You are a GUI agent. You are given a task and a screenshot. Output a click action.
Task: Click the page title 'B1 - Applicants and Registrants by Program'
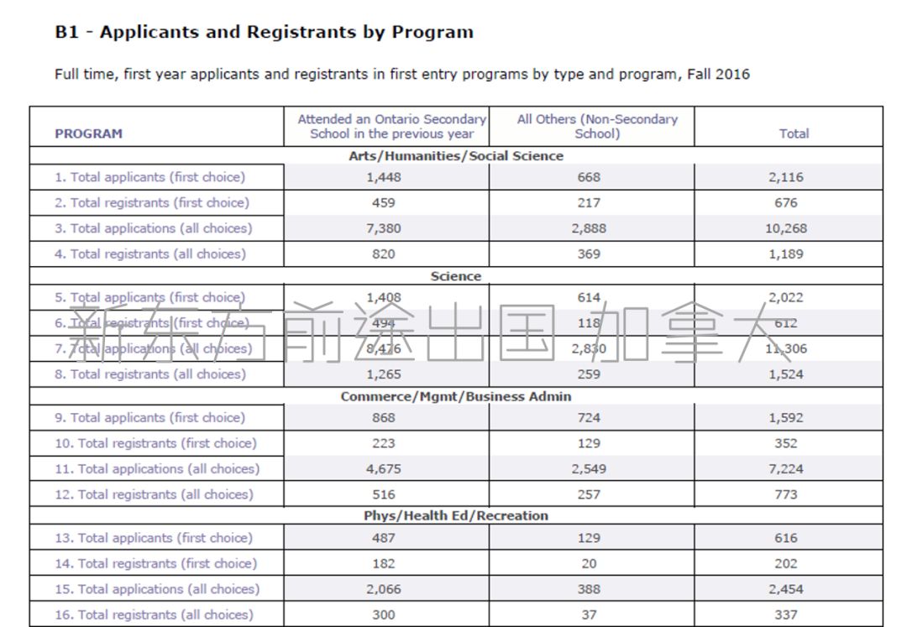[x=264, y=33]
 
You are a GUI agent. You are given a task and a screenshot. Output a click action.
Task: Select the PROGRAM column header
[x=88, y=133]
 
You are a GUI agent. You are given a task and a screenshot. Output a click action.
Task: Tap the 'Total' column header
[x=794, y=133]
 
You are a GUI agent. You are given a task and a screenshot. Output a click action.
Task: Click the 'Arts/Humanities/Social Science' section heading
[x=456, y=156]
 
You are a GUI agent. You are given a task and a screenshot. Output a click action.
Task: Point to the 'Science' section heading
[x=456, y=276]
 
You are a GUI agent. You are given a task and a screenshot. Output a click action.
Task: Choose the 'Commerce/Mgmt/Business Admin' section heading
[x=456, y=396]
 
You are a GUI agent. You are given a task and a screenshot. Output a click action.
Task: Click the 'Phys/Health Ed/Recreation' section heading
[x=456, y=515]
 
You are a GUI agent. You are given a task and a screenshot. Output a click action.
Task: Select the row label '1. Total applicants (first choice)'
[x=149, y=177]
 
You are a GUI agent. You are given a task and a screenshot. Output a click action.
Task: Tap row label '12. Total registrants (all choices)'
[x=154, y=494]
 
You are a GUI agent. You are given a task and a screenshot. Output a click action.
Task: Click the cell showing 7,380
[x=383, y=228]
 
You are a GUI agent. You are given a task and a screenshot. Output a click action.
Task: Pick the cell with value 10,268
[x=786, y=228]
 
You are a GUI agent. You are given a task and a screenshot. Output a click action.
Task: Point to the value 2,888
[x=589, y=228]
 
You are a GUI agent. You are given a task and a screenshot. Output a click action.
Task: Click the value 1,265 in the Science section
[x=383, y=374]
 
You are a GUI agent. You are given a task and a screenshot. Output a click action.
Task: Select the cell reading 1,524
[x=786, y=374]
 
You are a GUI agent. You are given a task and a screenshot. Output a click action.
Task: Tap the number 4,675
[x=383, y=469]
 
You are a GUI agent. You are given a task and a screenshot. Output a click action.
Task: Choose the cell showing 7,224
[x=786, y=469]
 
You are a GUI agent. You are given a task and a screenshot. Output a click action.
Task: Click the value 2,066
[x=383, y=589]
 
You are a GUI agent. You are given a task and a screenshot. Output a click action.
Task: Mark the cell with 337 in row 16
[x=786, y=614]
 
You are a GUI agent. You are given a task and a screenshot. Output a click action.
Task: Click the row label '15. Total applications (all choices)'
[x=157, y=589]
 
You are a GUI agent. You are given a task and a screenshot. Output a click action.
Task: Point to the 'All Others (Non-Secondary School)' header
[x=597, y=126]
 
